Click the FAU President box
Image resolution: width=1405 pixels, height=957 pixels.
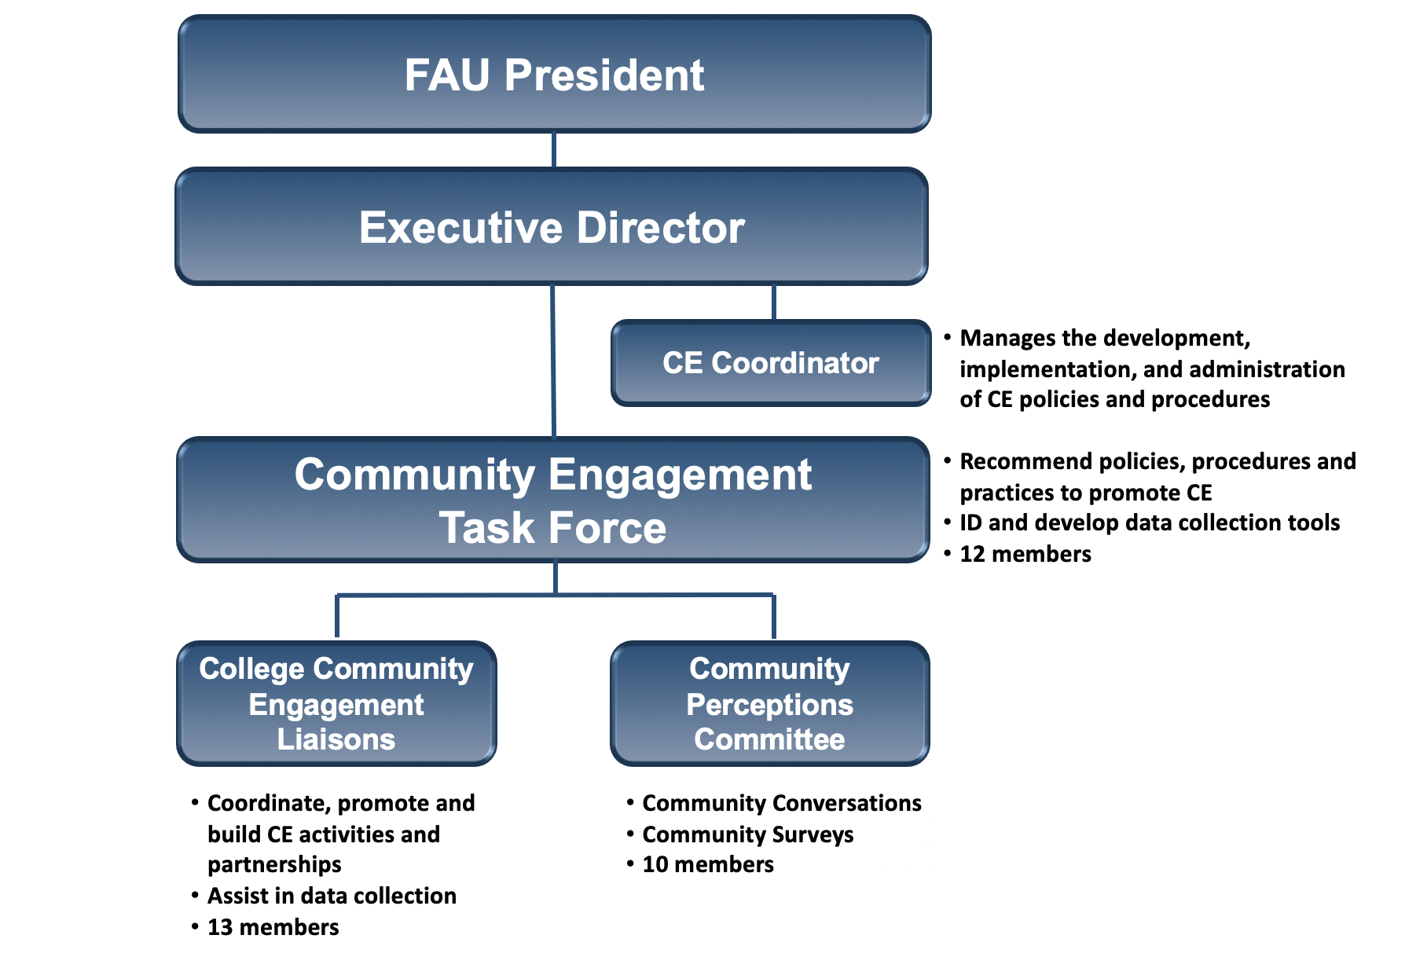tap(554, 75)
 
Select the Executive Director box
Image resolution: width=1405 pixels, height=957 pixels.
tap(552, 227)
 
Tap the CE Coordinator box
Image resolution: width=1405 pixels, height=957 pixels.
tap(770, 363)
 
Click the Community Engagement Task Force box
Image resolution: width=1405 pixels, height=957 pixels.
tap(553, 500)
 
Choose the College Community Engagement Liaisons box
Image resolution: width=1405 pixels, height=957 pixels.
tap(336, 704)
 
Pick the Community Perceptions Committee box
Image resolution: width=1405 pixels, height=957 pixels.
tap(770, 704)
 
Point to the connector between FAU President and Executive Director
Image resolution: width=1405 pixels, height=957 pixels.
tap(554, 149)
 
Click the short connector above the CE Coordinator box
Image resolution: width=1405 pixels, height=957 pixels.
tap(774, 302)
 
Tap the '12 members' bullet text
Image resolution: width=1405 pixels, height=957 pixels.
tap(1025, 554)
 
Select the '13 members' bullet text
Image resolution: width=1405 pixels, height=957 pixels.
tap(273, 927)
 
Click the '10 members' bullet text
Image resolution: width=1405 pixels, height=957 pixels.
tap(707, 864)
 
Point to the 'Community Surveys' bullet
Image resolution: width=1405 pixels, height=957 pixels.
tap(747, 834)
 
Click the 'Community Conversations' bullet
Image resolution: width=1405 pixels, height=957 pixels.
tap(781, 803)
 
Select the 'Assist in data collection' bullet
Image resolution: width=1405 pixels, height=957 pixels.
tap(332, 896)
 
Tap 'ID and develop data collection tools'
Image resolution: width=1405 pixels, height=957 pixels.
tap(1150, 522)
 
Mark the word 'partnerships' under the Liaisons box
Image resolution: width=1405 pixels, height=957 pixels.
tap(274, 864)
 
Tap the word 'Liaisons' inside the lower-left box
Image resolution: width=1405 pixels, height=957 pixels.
tap(336, 739)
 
